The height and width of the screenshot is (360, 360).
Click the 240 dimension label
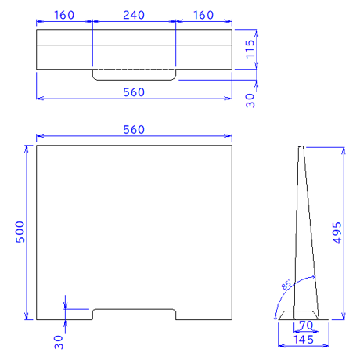[134, 15]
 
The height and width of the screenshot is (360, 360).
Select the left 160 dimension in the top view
[64, 15]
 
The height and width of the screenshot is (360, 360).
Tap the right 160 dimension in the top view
[203, 15]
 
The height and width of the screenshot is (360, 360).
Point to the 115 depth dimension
[250, 49]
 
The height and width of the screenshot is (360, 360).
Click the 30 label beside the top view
[250, 101]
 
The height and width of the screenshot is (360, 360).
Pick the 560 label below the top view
[134, 92]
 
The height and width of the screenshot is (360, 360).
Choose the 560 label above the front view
[134, 130]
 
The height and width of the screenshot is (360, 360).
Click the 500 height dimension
[20, 232]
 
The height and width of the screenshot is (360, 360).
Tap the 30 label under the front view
[59, 343]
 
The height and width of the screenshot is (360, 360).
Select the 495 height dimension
[337, 233]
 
